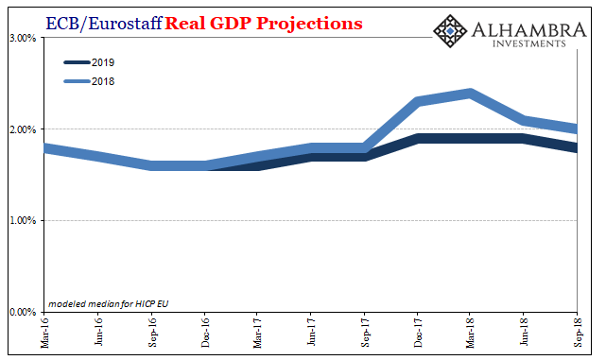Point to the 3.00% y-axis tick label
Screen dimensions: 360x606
tap(22, 38)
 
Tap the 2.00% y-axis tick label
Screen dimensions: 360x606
tap(22, 129)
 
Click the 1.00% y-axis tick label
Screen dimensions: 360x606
tap(22, 221)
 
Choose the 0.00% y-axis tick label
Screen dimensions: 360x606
tap(22, 312)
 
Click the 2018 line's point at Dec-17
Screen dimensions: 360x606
tap(418, 101)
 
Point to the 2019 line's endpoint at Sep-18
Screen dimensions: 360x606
tap(578, 147)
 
